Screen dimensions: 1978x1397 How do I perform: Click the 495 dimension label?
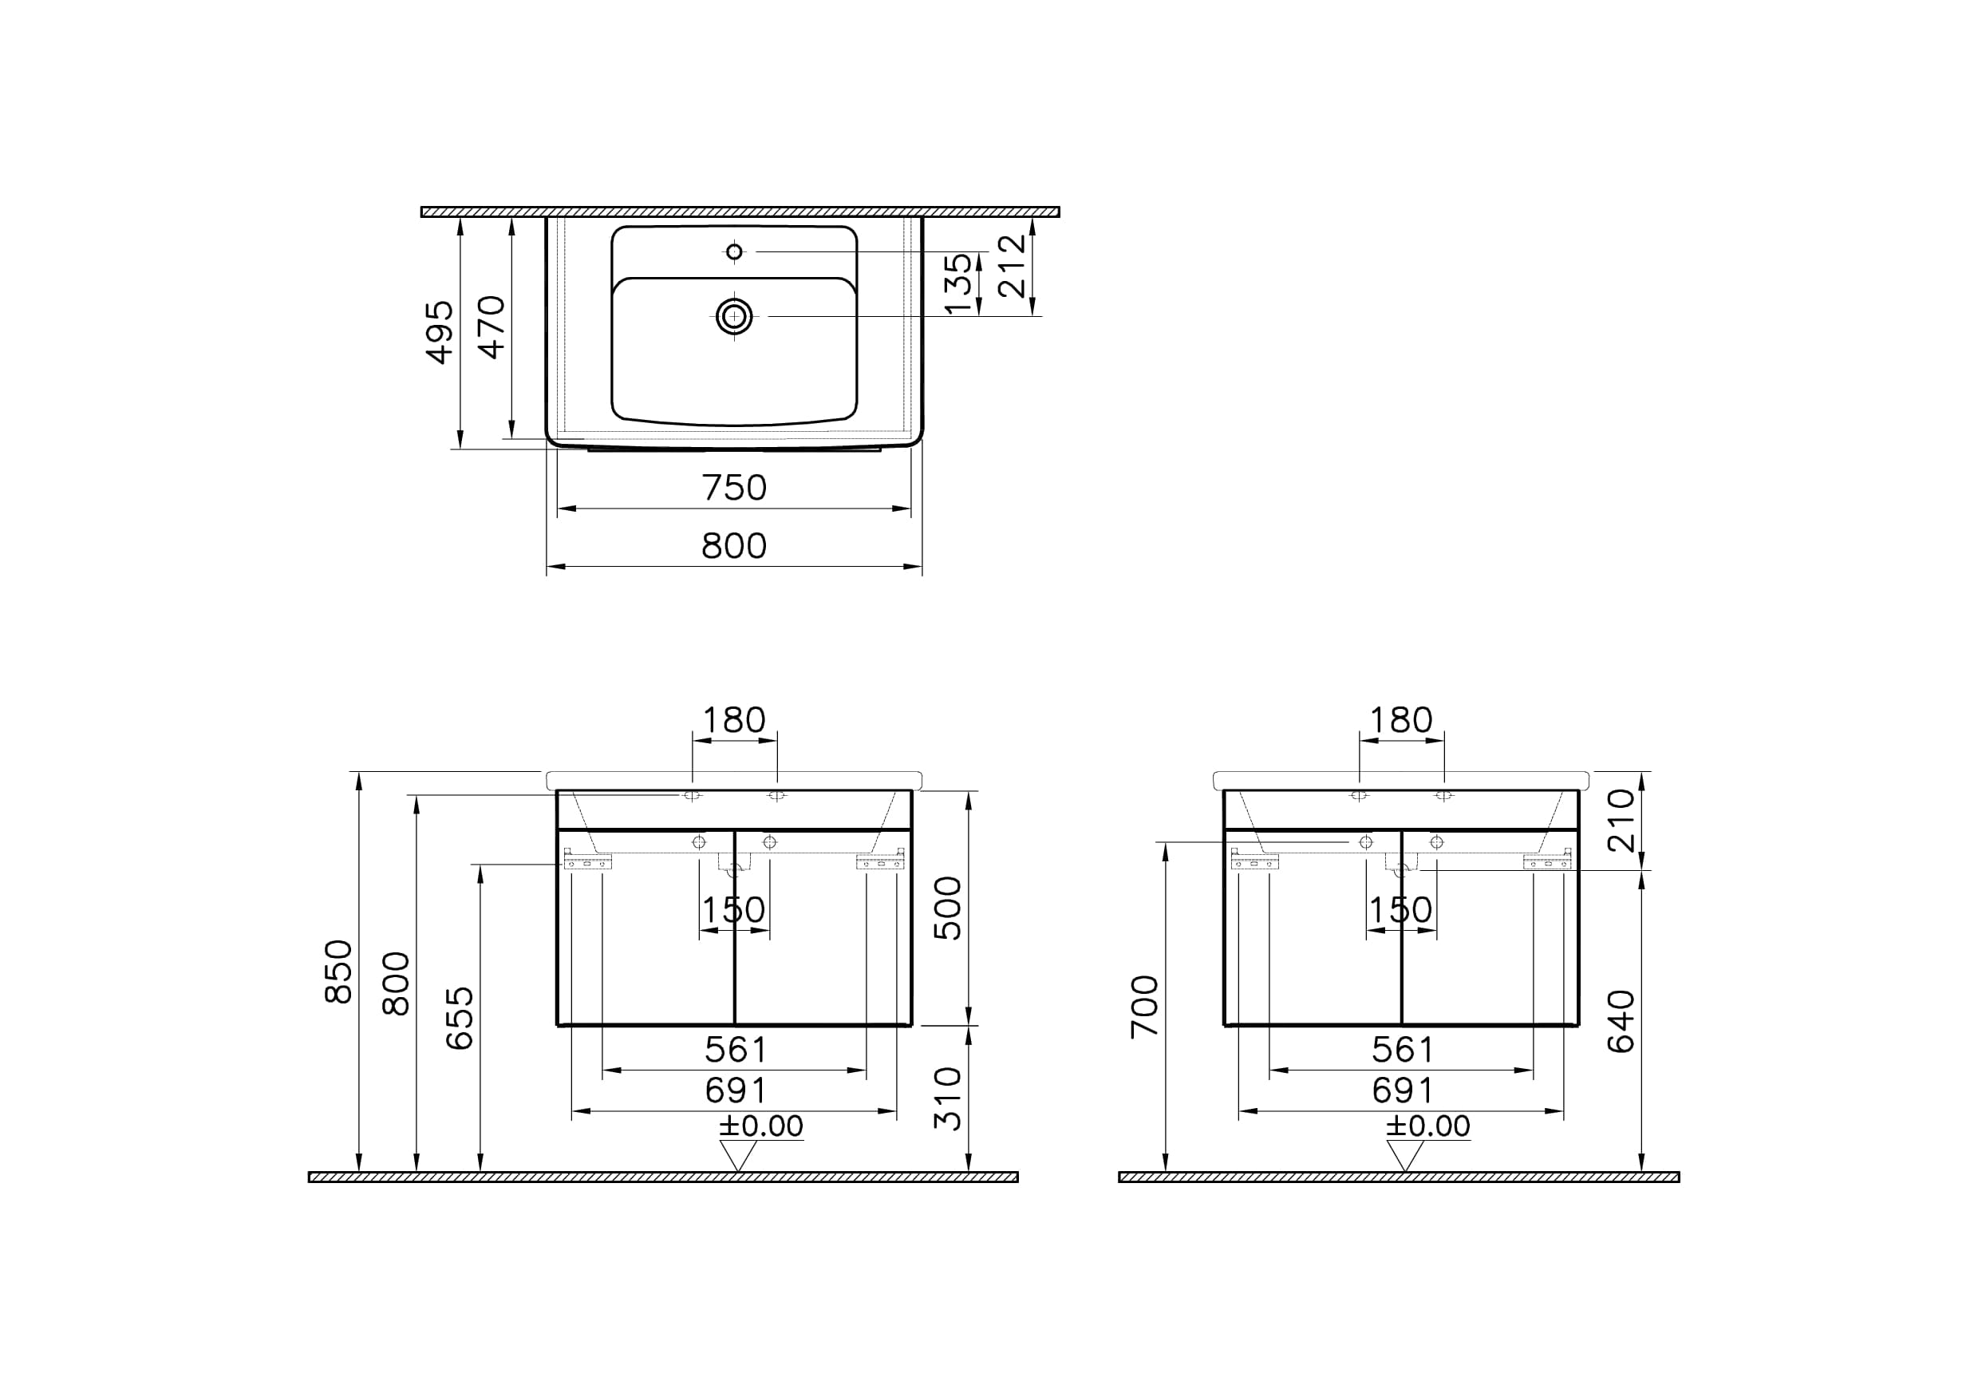[440, 333]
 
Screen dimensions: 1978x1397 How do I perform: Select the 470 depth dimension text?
[492, 326]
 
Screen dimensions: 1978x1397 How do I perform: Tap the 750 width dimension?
[734, 488]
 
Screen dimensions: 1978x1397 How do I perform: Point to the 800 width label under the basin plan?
[734, 545]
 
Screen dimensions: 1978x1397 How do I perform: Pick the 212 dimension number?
[1013, 267]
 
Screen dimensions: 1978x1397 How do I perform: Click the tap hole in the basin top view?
[734, 251]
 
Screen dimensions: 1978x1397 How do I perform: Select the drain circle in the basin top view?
[734, 316]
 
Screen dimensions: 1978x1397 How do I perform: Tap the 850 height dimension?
[338, 972]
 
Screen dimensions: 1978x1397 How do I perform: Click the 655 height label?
[460, 1018]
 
